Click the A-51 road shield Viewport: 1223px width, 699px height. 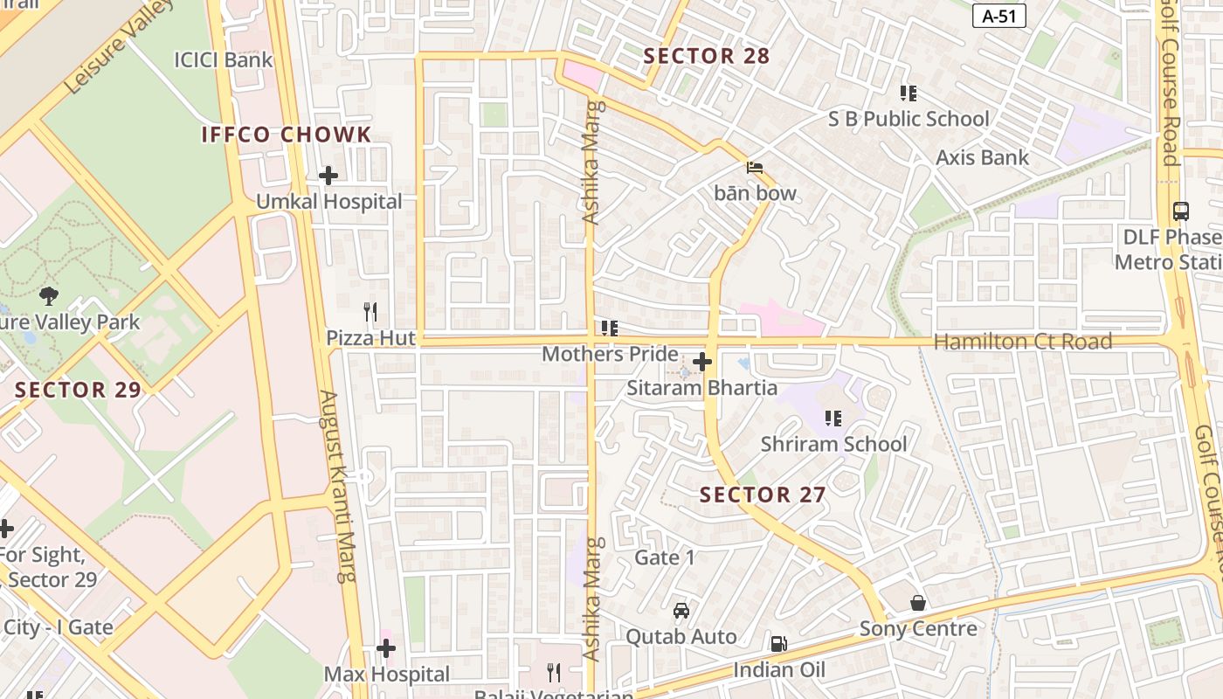coord(998,16)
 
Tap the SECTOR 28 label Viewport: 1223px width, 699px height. coord(707,56)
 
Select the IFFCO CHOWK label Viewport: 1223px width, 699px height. coord(287,135)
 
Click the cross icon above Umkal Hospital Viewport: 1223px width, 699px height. coord(328,176)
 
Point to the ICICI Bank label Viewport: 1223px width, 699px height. coord(224,59)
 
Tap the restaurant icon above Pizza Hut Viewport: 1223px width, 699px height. coord(370,311)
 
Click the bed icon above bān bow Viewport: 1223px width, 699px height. coord(755,167)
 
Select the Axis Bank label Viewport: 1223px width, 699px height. coord(983,157)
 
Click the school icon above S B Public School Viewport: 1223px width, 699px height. coord(909,93)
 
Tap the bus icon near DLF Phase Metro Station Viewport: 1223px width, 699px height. coord(1180,211)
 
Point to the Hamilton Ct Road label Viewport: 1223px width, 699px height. coord(1023,342)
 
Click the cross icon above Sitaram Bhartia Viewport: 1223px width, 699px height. coord(702,362)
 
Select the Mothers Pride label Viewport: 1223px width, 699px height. coord(610,354)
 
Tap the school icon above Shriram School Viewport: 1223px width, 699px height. coord(833,419)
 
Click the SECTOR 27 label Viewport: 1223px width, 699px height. coord(763,495)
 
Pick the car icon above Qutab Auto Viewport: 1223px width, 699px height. coord(681,611)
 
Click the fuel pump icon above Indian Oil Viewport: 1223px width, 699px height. coord(777,644)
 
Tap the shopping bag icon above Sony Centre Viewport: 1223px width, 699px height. coord(918,603)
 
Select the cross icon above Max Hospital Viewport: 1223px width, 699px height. coord(386,648)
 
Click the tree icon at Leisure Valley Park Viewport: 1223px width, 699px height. coord(49,296)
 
